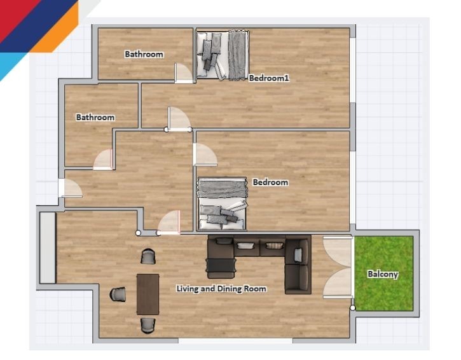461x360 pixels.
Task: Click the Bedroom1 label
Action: tap(269, 78)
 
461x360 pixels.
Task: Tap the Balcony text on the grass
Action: tap(383, 274)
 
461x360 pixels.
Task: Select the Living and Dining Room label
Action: tap(221, 289)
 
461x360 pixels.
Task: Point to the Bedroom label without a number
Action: tap(270, 183)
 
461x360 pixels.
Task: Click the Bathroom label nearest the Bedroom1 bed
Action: tap(144, 54)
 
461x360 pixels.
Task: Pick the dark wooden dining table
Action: tap(148, 294)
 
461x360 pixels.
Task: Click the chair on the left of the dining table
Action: tap(118, 294)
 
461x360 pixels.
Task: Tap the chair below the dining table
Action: tap(148, 325)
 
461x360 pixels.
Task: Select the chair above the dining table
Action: tap(148, 256)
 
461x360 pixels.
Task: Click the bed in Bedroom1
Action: tap(223, 55)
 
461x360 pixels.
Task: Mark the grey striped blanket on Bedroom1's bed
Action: tap(237, 55)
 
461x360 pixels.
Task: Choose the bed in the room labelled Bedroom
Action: tap(223, 204)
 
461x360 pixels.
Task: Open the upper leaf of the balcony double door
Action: tap(338, 252)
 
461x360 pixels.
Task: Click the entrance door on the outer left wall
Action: tap(70, 188)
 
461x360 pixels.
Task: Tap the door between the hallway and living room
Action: tap(169, 223)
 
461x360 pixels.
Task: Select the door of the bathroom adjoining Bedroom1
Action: tap(184, 73)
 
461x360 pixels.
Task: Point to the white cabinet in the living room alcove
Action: tap(48, 247)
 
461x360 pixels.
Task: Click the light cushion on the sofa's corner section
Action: tap(298, 254)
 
